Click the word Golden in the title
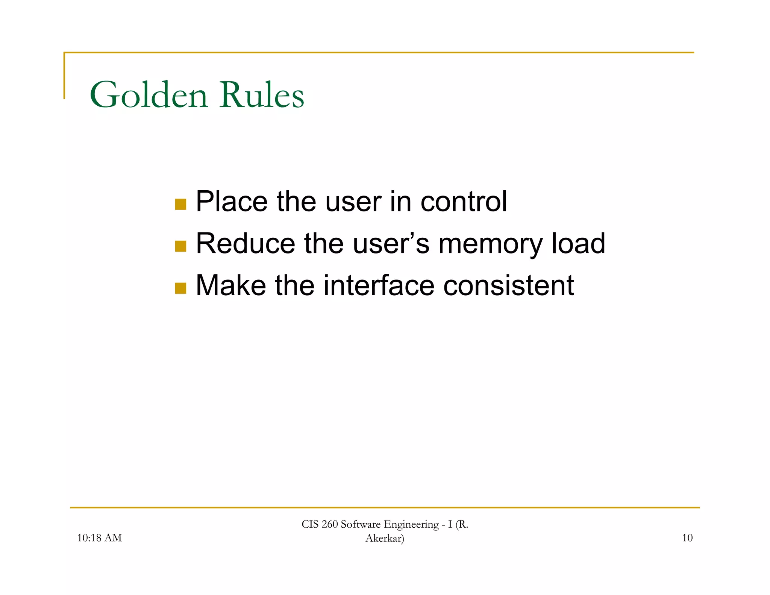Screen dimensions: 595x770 click(x=149, y=95)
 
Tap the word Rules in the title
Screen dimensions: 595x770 click(x=262, y=95)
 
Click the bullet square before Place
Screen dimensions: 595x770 click(x=180, y=204)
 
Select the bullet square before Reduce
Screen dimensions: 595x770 click(x=180, y=246)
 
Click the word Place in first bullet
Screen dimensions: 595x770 click(x=232, y=202)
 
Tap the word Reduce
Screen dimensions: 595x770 click(x=246, y=243)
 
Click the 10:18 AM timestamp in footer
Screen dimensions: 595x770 click(x=99, y=538)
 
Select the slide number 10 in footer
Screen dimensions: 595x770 click(x=687, y=538)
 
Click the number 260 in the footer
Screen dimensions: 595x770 click(x=330, y=524)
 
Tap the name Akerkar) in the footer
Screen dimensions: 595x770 click(x=385, y=538)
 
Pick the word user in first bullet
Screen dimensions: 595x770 click(x=353, y=202)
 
